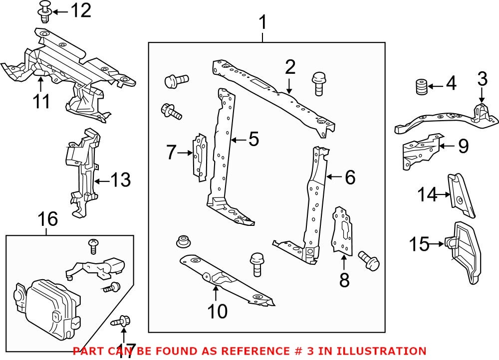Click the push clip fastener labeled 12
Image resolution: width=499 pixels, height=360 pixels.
click(44, 11)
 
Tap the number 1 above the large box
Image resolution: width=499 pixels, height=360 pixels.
click(262, 22)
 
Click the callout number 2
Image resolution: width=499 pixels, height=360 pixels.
click(290, 67)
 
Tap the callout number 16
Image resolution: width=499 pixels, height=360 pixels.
click(47, 219)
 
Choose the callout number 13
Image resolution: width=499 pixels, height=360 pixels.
click(120, 180)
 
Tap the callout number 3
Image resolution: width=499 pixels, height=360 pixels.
click(482, 79)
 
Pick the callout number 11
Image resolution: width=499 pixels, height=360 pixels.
click(41, 101)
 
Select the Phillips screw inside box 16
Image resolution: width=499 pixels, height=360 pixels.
click(92, 244)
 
